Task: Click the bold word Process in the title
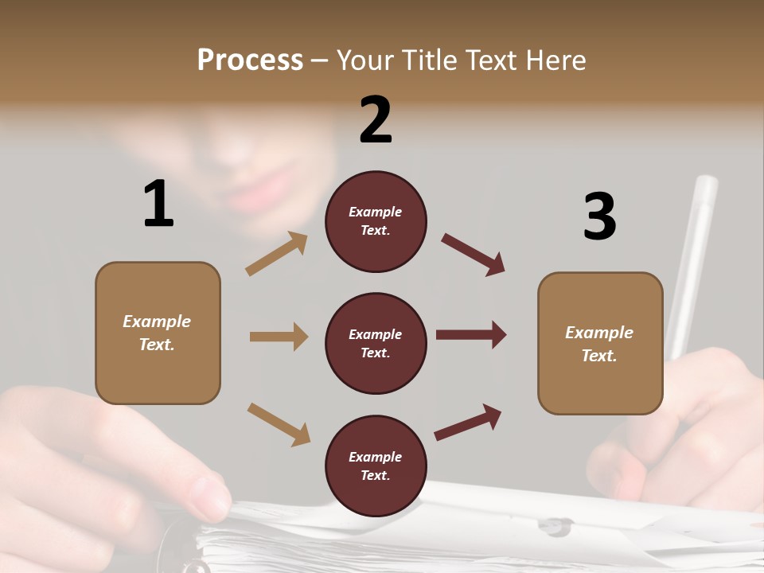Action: tap(250, 60)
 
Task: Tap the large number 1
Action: tap(158, 204)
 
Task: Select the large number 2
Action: tap(376, 120)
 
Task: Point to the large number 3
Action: tap(599, 217)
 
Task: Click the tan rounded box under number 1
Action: tap(158, 333)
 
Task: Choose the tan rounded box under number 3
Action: tap(600, 343)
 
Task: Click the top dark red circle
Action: tap(376, 221)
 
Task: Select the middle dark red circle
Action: tap(376, 343)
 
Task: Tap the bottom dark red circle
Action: tap(376, 466)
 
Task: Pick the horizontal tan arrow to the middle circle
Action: tap(279, 337)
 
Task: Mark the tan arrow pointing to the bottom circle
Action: tap(279, 423)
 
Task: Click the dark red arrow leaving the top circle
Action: tap(474, 254)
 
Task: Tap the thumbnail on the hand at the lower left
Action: tap(209, 492)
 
